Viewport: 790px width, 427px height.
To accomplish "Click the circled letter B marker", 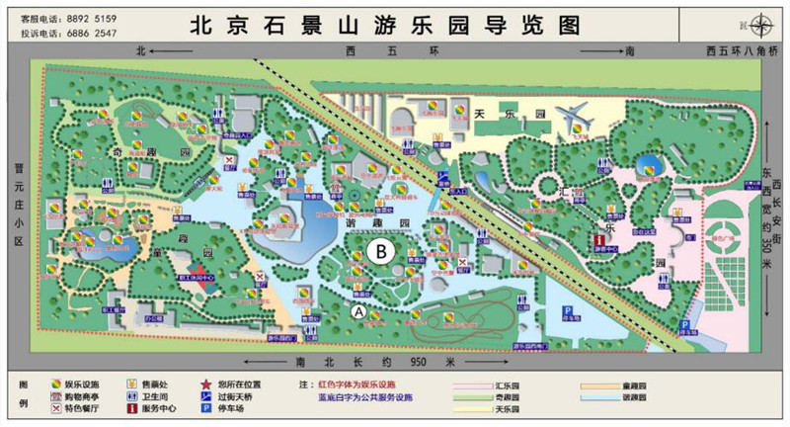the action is pos(379,252).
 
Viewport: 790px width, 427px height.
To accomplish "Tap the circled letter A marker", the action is pos(358,310).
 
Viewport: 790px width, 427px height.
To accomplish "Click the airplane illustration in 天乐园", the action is pos(575,118).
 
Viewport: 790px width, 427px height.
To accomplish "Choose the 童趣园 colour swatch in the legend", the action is pos(611,381).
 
